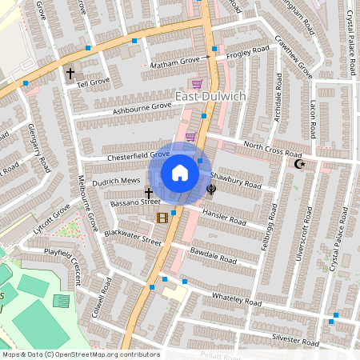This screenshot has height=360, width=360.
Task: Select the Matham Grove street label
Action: click(x=174, y=62)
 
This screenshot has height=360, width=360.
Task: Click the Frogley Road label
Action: click(x=247, y=53)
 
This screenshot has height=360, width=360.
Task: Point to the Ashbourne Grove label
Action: click(x=142, y=106)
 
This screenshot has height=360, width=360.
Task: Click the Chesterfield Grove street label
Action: click(x=138, y=155)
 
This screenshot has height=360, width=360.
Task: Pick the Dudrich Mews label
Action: click(x=115, y=182)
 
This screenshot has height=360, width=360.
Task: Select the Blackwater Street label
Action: click(x=132, y=229)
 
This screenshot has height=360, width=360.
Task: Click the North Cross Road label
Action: click(x=273, y=149)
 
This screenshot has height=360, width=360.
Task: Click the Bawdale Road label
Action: click(x=214, y=255)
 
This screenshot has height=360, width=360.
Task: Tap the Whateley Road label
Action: click(x=237, y=300)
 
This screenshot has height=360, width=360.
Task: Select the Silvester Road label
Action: click(x=297, y=337)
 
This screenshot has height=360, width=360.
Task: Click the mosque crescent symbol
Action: click(x=300, y=164)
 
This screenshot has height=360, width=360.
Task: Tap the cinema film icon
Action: click(x=162, y=218)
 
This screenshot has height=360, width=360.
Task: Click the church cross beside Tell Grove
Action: click(x=70, y=74)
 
